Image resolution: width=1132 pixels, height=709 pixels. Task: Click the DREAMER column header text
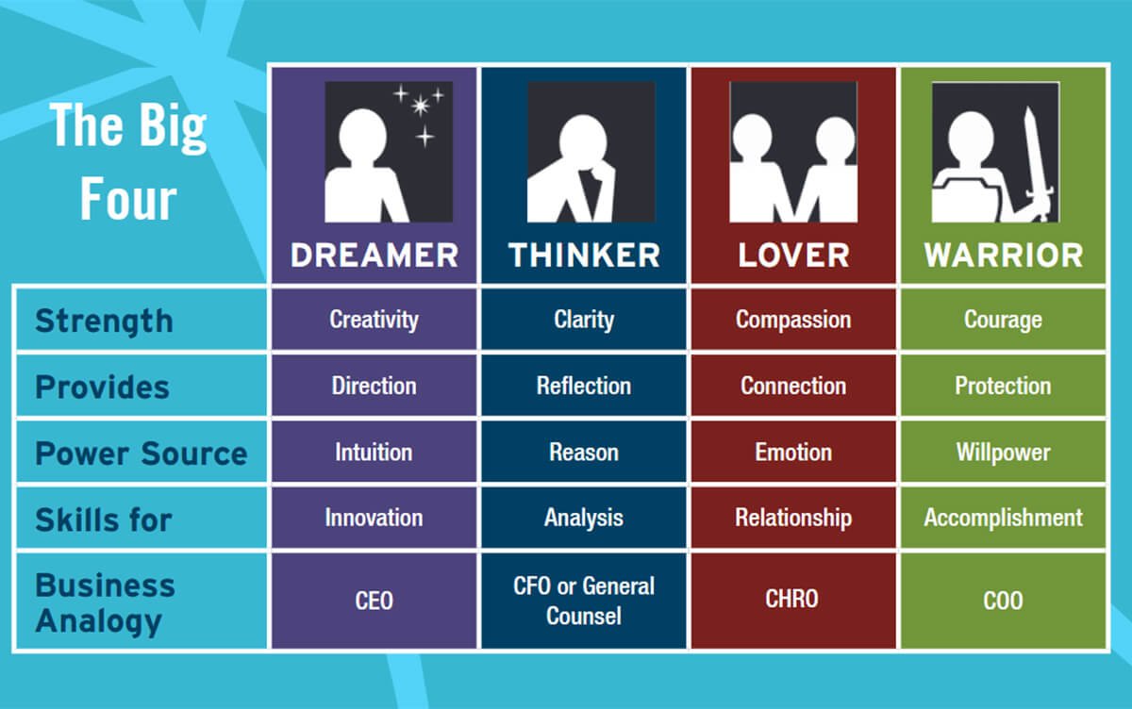[x=374, y=255]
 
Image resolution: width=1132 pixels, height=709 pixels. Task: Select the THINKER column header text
[x=584, y=255]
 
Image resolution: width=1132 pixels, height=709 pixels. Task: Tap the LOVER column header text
[x=793, y=255]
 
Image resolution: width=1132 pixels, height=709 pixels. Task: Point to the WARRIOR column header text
[x=1004, y=255]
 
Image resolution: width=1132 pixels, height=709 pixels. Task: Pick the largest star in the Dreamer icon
[x=420, y=106]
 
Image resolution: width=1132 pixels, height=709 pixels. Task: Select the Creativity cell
[x=374, y=320]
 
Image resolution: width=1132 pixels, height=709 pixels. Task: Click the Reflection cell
[x=584, y=386]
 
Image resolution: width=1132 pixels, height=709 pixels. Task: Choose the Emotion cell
[x=793, y=452]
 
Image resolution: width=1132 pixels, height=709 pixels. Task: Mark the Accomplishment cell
[x=1003, y=518]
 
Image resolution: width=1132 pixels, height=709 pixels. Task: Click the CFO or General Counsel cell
[x=584, y=601]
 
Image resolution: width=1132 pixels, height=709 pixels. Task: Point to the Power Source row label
[x=141, y=453]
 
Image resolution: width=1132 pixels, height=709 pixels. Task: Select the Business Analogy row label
[x=105, y=604]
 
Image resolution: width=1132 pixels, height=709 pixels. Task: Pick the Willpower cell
[x=1003, y=452]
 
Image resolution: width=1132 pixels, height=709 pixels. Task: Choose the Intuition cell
[x=374, y=452]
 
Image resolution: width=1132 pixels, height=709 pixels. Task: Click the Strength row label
[x=104, y=322]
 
